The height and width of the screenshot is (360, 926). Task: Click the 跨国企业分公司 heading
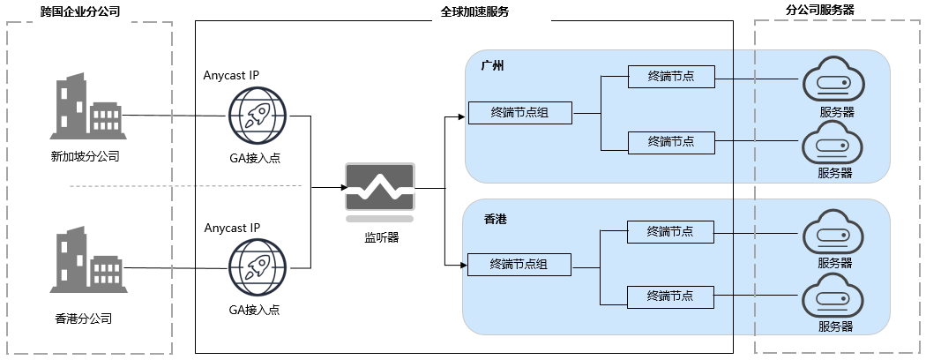[80, 12]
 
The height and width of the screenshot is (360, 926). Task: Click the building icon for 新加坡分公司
[86, 108]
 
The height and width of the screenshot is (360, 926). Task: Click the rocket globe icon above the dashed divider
[258, 116]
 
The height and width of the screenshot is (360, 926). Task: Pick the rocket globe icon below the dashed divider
[257, 267]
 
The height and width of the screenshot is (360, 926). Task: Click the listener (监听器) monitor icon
[380, 189]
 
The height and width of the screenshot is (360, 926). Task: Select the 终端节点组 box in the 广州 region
[519, 112]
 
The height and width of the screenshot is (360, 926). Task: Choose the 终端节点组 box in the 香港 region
[519, 264]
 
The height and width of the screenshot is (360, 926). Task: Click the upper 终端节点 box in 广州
[670, 77]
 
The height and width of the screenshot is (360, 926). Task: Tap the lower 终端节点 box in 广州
[670, 141]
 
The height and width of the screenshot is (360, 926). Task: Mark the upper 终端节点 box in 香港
[669, 232]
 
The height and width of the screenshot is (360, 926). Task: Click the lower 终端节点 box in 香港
[669, 296]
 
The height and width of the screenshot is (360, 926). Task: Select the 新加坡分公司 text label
[86, 157]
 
